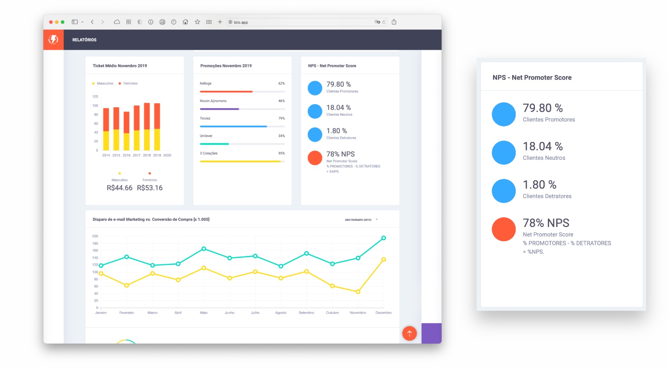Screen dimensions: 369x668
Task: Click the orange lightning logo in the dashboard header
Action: coord(53,40)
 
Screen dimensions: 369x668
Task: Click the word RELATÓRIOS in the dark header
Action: coord(84,40)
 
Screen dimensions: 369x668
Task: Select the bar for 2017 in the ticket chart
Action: coord(137,127)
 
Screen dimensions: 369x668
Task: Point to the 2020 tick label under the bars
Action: coord(167,155)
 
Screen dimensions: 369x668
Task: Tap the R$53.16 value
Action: coord(150,188)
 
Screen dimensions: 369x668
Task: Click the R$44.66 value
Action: coord(119,188)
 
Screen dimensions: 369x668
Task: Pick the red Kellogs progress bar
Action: coord(226,92)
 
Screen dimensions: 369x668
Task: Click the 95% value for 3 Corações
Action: coord(281,153)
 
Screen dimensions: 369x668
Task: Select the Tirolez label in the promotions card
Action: coord(205,118)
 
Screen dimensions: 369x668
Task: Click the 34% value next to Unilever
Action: coord(281,136)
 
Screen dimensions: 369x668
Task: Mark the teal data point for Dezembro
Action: coord(383,238)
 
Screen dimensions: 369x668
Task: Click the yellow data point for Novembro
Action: coord(358,292)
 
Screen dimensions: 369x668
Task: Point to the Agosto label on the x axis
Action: coord(281,313)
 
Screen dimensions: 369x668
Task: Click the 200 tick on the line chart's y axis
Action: coord(95,236)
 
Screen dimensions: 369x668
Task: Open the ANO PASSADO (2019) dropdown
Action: coord(361,219)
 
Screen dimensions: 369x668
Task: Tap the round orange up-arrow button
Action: coord(409,333)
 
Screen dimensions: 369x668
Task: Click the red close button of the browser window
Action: coord(51,22)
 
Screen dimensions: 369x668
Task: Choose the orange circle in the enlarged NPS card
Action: coord(504,229)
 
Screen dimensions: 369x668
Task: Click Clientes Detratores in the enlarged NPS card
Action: coord(547,196)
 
